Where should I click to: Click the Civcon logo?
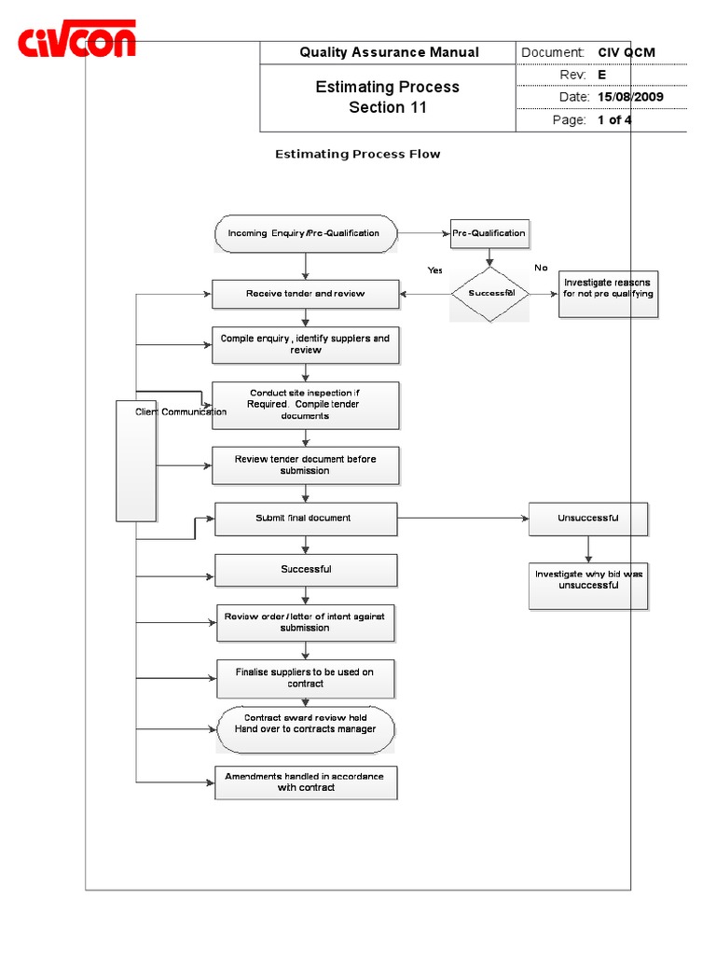78,42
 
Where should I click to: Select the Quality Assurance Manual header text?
389,52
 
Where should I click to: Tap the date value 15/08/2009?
630,97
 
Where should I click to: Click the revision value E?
601,75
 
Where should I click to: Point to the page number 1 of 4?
614,120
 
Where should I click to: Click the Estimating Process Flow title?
357,154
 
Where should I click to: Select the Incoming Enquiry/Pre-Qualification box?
304,233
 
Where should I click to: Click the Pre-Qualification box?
489,233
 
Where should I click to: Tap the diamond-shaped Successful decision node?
490,294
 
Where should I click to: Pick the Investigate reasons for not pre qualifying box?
608,293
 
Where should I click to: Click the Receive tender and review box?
306,294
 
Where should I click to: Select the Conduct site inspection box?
306,405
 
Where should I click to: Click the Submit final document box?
306,519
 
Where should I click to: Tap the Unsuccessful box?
587,519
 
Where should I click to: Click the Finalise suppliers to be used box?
306,678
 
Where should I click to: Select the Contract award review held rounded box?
306,728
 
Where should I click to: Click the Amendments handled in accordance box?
306,782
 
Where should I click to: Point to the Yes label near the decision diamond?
435,270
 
